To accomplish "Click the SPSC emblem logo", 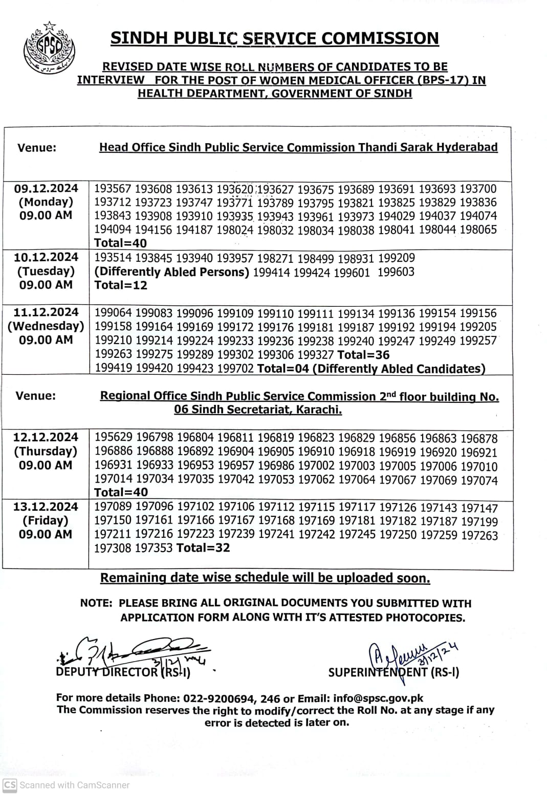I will pos(50,49).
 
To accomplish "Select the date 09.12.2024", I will pos(46,188).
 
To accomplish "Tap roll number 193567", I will pos(113,189).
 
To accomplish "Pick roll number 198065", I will pos(478,230).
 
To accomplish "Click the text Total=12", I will pos(121,285).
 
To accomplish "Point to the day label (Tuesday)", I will pos(46,271).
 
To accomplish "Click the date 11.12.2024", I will pos(46,312).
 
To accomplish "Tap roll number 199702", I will pos(235,369).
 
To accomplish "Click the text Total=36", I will pos(364,355).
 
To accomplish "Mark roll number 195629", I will pos(114,438).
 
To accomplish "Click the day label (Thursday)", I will pos(46,451).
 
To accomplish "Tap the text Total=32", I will pos(203,548).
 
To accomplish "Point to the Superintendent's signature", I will pos(409,654).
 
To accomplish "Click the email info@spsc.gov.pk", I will pos(378,698).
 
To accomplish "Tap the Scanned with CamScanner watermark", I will pos(67,785).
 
